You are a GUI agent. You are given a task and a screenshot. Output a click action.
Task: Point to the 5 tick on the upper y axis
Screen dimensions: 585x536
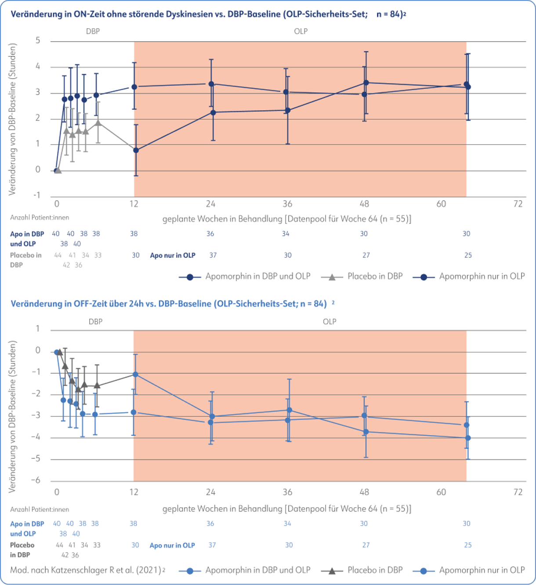click(38, 41)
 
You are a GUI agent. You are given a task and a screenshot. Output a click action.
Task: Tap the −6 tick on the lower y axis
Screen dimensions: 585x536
click(36, 481)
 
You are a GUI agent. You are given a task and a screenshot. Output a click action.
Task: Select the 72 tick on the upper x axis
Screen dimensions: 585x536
click(518, 204)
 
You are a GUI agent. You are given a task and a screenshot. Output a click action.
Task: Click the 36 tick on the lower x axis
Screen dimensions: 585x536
click(287, 492)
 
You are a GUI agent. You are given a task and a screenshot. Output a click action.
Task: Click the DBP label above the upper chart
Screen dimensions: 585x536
click(93, 31)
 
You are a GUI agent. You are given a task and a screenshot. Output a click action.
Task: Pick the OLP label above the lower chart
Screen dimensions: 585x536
click(330, 322)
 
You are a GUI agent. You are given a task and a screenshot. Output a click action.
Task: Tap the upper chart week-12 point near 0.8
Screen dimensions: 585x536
click(136, 150)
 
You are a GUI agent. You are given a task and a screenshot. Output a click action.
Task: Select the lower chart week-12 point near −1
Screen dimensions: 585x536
click(136, 374)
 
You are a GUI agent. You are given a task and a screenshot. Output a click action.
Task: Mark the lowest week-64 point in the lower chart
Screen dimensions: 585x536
click(468, 438)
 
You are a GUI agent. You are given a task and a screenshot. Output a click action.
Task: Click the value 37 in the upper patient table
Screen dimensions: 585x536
click(213, 255)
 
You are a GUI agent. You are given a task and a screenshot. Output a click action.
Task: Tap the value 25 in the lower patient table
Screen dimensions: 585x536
click(468, 545)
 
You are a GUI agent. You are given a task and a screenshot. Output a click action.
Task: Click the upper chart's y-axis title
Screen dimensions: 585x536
click(13, 119)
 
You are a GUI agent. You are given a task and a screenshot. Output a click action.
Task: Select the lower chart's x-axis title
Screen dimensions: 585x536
click(287, 509)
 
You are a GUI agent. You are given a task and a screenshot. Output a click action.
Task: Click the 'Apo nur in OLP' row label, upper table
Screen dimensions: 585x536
click(173, 255)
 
